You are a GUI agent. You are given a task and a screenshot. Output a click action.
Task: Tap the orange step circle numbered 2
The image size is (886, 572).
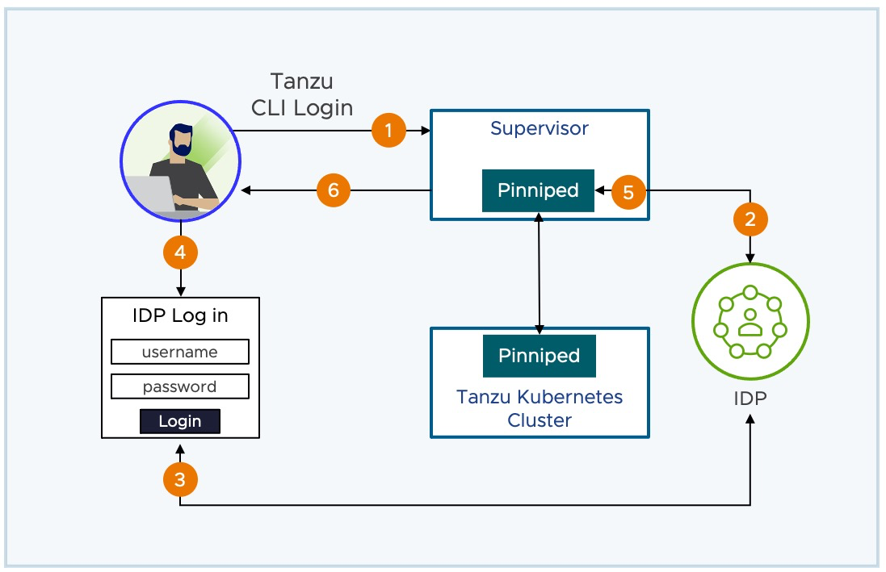tap(750, 218)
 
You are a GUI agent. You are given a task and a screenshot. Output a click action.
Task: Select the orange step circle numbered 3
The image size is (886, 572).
tap(180, 481)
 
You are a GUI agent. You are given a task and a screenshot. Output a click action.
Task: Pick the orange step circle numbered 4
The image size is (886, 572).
tap(180, 253)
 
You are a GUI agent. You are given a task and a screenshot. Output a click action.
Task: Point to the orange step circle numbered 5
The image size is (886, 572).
tap(629, 191)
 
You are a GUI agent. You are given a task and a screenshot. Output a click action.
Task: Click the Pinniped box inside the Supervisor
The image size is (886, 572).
tap(538, 190)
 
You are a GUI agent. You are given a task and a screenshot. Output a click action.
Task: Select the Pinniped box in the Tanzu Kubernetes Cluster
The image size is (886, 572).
tap(539, 356)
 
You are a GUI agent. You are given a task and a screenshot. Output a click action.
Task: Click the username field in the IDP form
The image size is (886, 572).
tap(179, 352)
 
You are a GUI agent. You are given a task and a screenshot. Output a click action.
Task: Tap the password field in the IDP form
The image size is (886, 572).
tap(179, 386)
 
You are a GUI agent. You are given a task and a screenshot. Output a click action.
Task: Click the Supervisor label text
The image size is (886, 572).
tap(540, 129)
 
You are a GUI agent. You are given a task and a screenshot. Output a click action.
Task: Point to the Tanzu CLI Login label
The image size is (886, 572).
tap(302, 95)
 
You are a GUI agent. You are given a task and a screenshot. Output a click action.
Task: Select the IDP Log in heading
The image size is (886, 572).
tap(180, 315)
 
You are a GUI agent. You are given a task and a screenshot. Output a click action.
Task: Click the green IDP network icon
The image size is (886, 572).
tap(750, 321)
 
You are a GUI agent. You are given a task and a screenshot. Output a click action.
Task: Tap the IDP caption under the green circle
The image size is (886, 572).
tap(751, 398)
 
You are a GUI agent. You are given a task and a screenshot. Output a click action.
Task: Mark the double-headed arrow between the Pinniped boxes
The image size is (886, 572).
tap(539, 270)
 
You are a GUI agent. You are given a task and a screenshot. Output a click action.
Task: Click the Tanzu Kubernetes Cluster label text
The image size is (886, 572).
tap(540, 408)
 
